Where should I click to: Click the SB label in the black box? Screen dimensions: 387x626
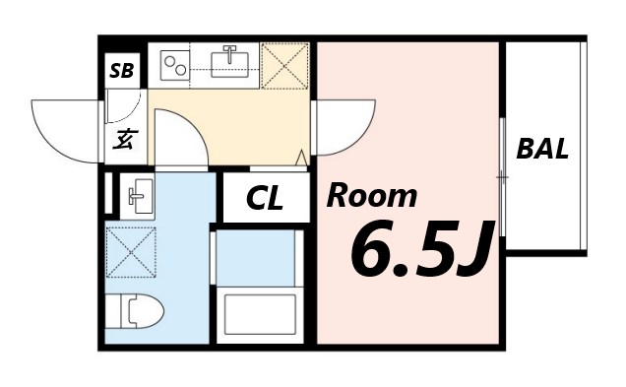(x=124, y=70)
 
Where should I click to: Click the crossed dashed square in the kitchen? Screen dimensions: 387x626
(x=284, y=64)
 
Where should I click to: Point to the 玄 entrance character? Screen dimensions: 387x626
(x=124, y=139)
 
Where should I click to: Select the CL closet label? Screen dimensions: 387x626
(x=264, y=199)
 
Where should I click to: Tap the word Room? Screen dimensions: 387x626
(x=371, y=196)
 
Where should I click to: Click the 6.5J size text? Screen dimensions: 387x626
(x=418, y=251)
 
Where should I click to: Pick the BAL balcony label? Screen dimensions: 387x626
(x=542, y=150)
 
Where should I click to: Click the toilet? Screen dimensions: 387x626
(x=137, y=313)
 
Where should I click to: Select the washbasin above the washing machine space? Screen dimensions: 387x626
(x=137, y=195)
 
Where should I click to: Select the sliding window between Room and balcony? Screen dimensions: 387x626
(x=502, y=177)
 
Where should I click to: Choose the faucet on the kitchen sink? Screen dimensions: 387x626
(x=231, y=52)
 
